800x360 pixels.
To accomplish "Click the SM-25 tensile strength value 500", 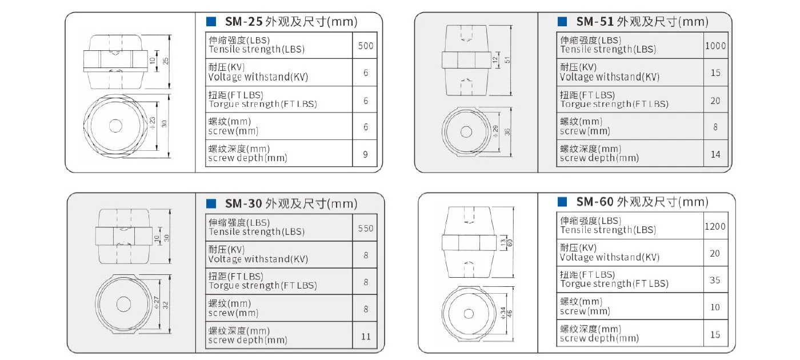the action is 365,46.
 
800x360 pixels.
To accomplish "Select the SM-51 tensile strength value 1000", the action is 715,46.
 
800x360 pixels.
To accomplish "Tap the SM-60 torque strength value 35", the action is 715,280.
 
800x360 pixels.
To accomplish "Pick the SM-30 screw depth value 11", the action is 366,337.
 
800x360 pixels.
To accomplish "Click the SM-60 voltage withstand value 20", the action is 715,253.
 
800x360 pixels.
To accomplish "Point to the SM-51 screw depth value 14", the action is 715,154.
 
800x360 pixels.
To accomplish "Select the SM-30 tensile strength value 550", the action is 366,228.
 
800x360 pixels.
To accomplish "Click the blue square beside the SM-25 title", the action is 211,22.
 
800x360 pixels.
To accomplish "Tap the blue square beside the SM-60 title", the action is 562,202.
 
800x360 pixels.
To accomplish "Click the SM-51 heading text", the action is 642,22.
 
